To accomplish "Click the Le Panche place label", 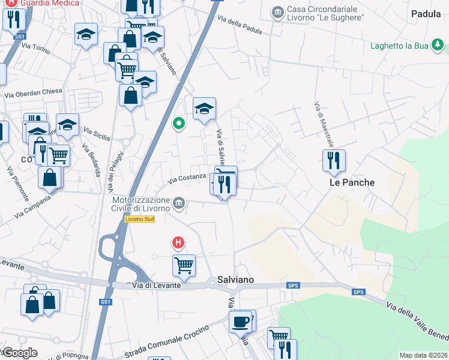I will click(x=352, y=182).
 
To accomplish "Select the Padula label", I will click(x=426, y=13).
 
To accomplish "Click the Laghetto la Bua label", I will click(x=399, y=45).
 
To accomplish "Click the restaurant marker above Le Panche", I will click(x=333, y=161).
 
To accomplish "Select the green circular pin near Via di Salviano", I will click(x=178, y=124).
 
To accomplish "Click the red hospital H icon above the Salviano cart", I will click(x=178, y=243).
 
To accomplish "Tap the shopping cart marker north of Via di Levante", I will click(x=184, y=265).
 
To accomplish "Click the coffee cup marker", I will click(x=240, y=322).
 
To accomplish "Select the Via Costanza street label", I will click(x=187, y=179).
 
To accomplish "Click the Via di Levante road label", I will click(x=156, y=286).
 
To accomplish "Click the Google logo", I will click(x=19, y=353).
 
